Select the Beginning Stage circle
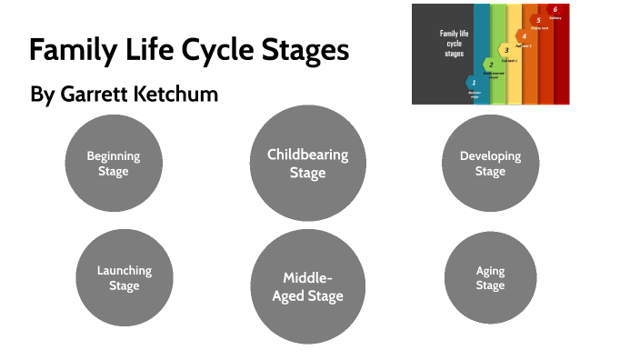coord(114,164)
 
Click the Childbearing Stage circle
coord(307,163)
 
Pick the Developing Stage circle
coord(490,164)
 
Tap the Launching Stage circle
coord(125,277)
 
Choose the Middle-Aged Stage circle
coord(307,286)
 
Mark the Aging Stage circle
coord(490,278)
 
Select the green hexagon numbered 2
coord(491,65)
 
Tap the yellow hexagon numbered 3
coord(506,50)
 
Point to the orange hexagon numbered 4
coord(524,36)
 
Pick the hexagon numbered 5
coord(538,20)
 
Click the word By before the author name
coord(42,95)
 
